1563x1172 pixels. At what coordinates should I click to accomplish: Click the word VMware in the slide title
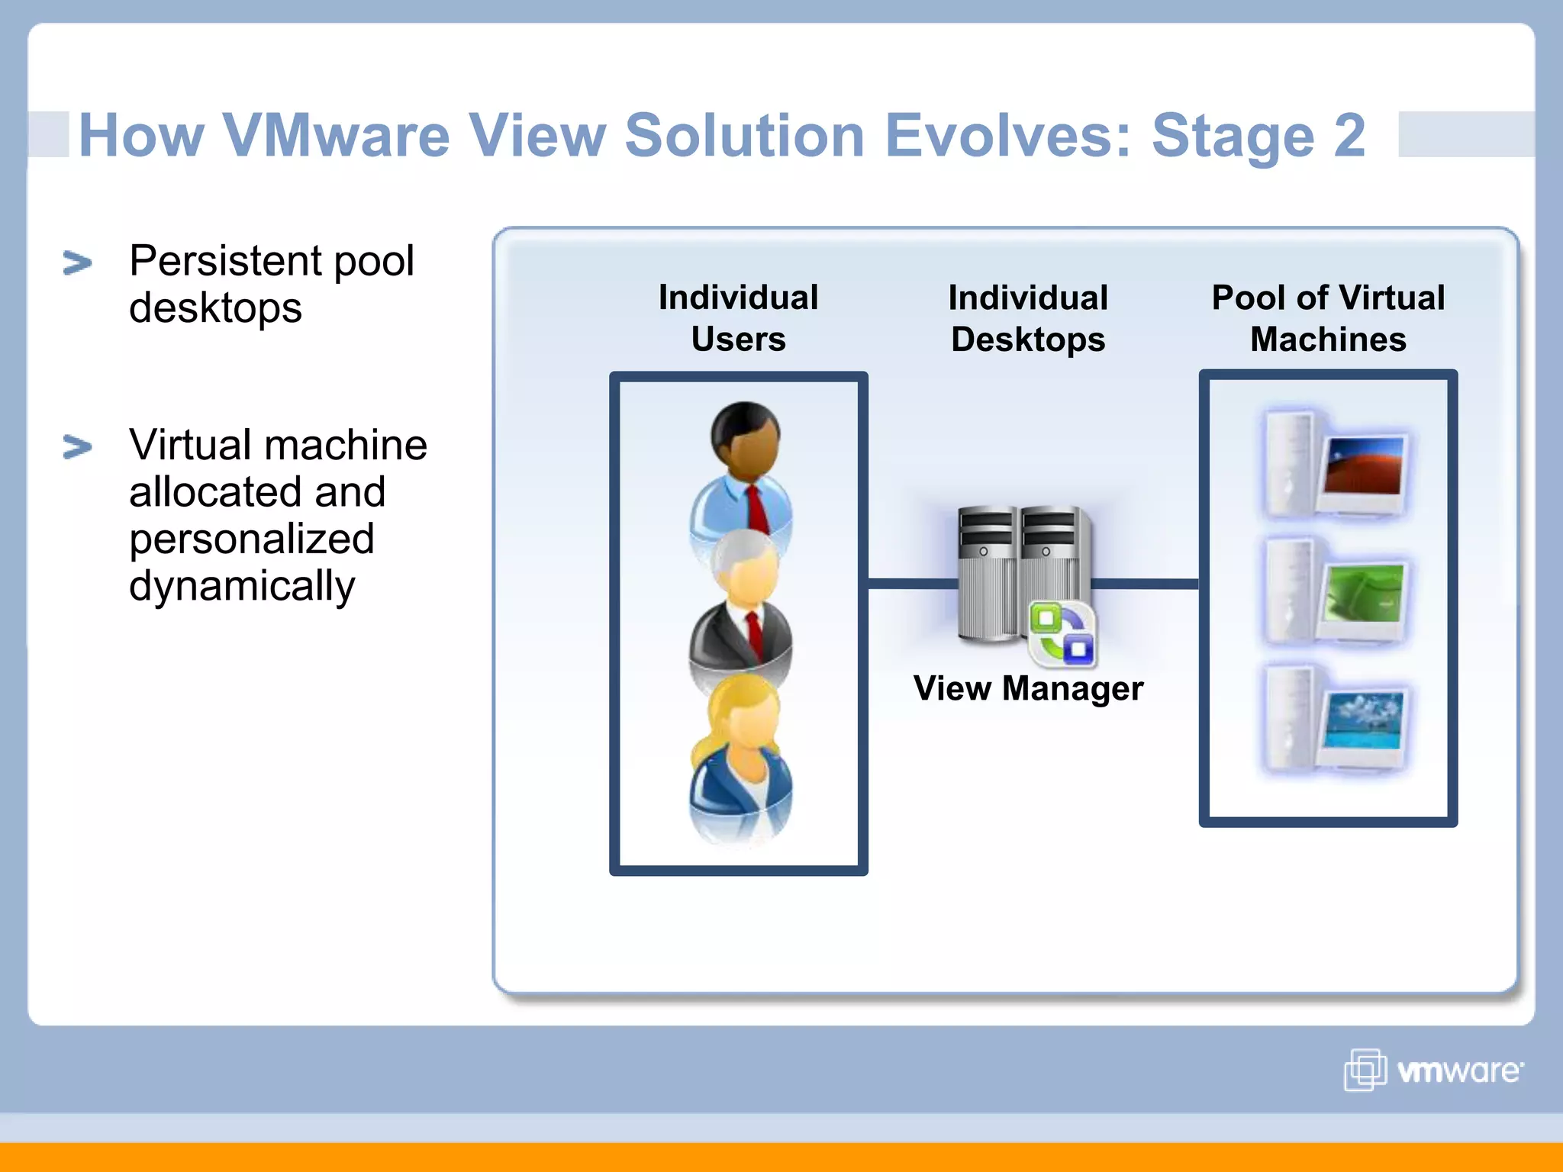coord(336,136)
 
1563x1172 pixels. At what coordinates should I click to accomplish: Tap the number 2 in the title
coord(1349,136)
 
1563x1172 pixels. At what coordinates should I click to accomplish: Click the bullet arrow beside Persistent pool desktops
coord(77,263)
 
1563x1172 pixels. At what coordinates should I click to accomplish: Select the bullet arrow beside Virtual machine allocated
coord(77,447)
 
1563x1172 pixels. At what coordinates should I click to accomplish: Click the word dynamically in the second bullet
coord(242,587)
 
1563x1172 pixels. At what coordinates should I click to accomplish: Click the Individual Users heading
coord(738,317)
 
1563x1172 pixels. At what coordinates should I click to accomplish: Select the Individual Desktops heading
coord(1027,317)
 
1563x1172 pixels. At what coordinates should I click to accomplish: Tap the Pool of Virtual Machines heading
coord(1328,317)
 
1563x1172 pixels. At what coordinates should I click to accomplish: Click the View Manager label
coord(1028,688)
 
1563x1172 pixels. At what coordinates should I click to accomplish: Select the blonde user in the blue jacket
coord(740,755)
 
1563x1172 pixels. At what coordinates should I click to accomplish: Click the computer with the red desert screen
coord(1336,465)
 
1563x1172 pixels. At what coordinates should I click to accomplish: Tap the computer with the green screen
coord(1336,591)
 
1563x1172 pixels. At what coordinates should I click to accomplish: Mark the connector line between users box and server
coord(912,584)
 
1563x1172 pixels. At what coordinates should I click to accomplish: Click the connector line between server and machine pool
coord(1145,584)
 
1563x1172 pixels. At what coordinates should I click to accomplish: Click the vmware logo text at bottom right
coord(1459,1071)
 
